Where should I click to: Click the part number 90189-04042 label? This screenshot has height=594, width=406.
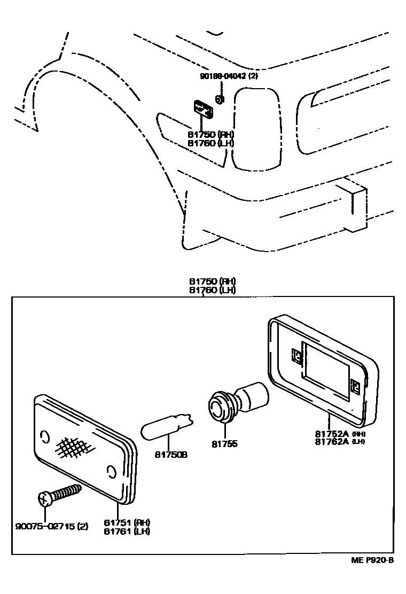click(x=230, y=76)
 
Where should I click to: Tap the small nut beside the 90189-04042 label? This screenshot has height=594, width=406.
click(x=219, y=99)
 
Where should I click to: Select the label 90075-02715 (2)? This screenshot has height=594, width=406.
click(x=52, y=527)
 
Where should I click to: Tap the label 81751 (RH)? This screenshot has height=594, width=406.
click(x=127, y=522)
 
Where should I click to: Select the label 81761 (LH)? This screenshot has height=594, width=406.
click(x=127, y=531)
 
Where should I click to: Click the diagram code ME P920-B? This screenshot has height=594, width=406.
click(x=372, y=560)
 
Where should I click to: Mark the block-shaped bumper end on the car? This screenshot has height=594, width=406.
click(x=354, y=206)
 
